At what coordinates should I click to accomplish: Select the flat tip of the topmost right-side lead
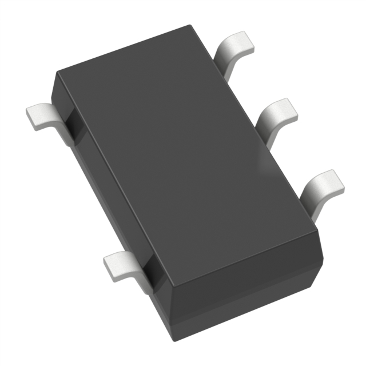(x=236, y=42)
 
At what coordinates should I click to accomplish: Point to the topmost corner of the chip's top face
(x=188, y=26)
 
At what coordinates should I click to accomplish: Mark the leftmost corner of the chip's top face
(x=56, y=73)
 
